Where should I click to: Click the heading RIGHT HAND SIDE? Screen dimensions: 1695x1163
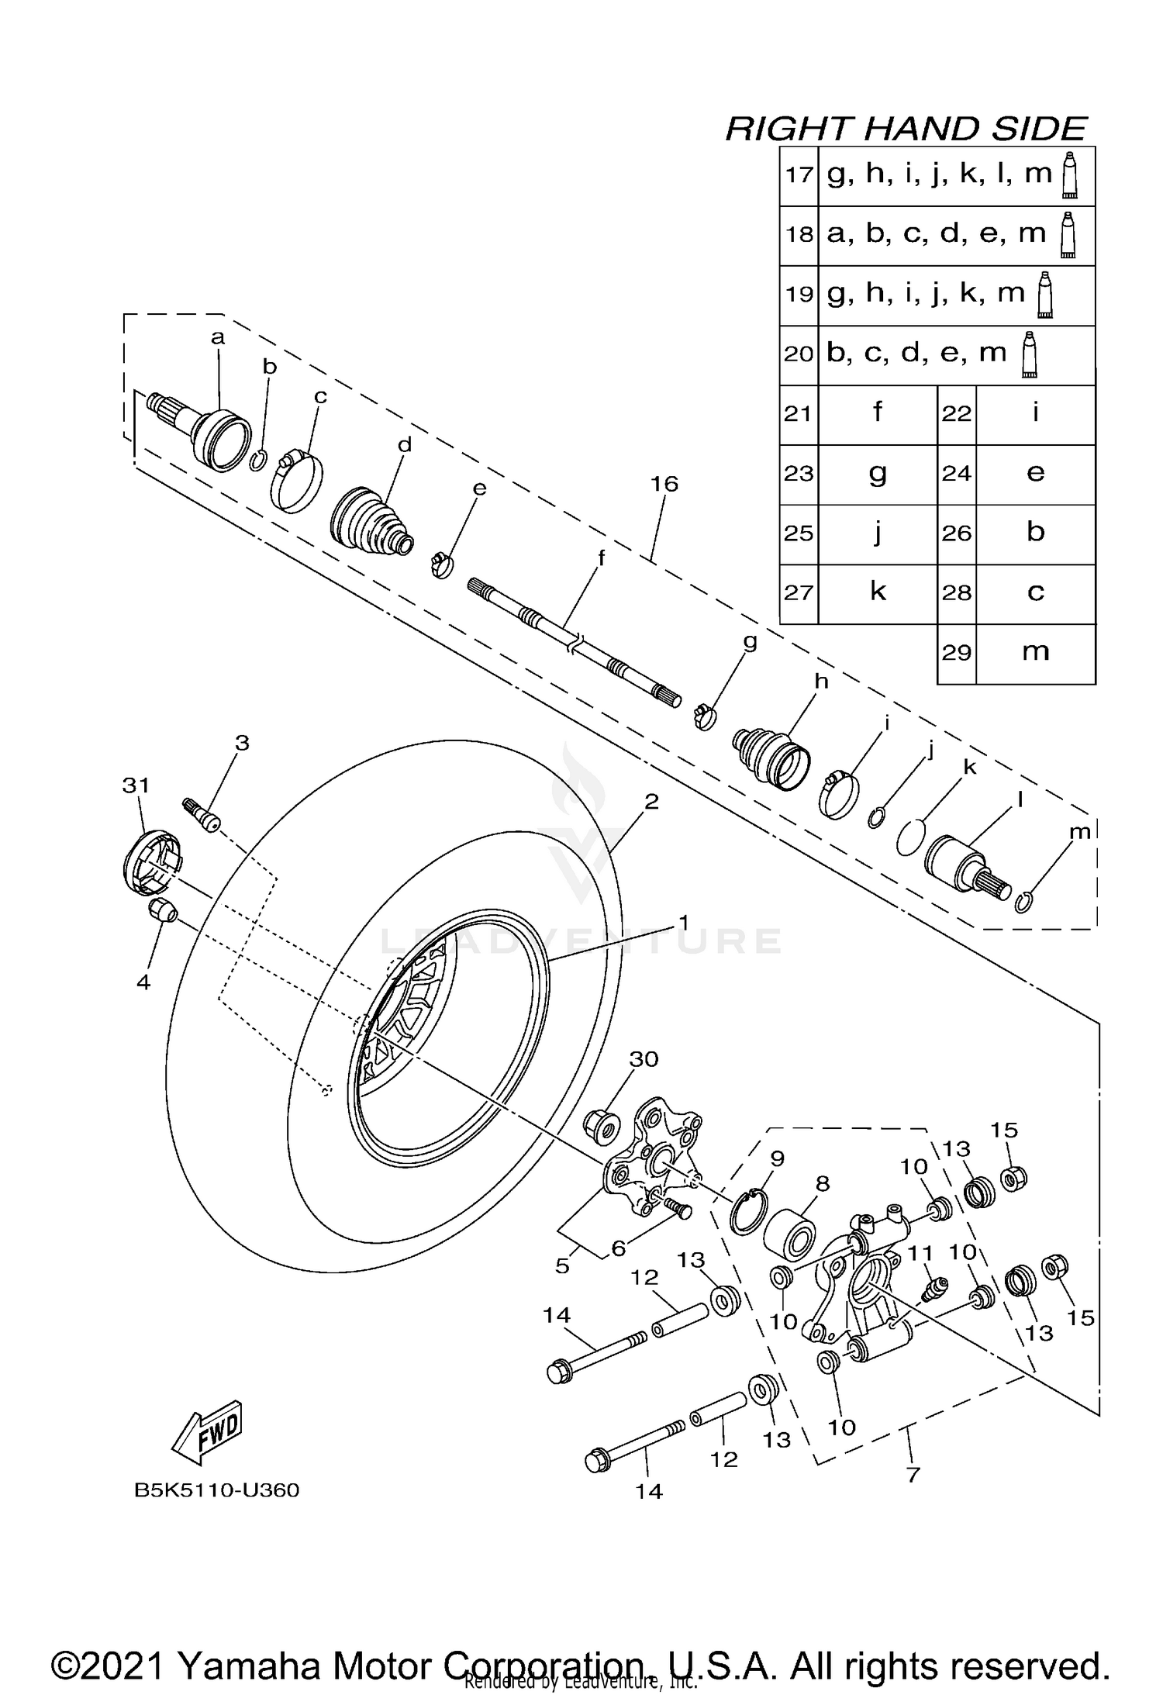coord(905,129)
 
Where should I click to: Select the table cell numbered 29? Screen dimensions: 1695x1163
coord(956,652)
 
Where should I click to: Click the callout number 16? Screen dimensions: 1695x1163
coord(664,485)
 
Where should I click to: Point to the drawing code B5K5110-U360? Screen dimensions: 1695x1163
coord(216,1490)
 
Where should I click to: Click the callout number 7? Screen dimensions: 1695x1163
coord(913,1474)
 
